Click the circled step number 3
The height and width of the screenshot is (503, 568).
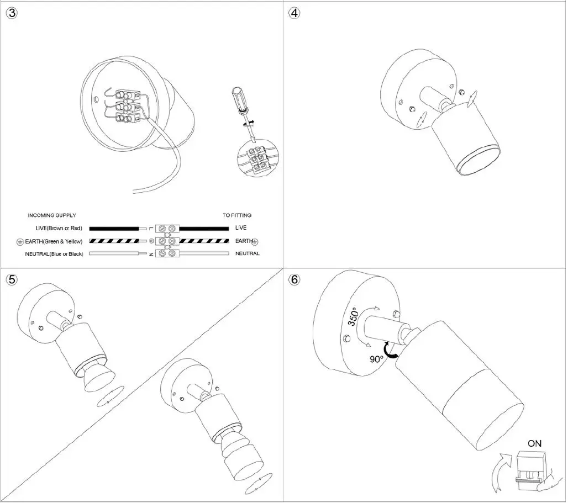(x=12, y=14)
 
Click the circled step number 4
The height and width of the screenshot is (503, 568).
(x=295, y=14)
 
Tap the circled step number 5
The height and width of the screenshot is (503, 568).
(x=12, y=279)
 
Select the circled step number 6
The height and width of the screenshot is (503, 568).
(x=294, y=279)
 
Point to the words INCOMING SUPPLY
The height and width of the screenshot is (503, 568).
(x=52, y=215)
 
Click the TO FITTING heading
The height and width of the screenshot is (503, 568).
(x=237, y=215)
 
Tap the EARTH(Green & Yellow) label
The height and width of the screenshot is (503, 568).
(x=54, y=241)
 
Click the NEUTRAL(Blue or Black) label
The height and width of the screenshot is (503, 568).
(x=54, y=254)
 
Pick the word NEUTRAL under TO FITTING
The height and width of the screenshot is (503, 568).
(x=247, y=254)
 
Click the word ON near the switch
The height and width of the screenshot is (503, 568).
(x=534, y=443)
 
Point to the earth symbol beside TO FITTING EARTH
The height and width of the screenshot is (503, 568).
(x=256, y=242)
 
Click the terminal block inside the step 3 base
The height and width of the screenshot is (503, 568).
(x=127, y=107)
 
